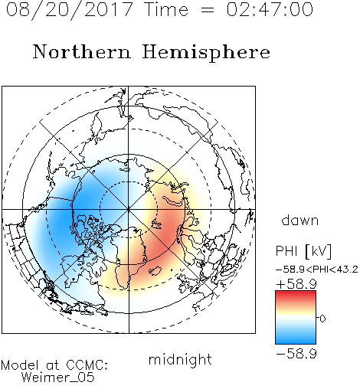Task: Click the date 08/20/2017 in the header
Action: click(69, 10)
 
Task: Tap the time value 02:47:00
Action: click(270, 9)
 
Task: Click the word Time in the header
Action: click(166, 9)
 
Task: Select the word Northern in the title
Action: click(82, 51)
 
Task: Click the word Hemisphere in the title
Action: click(206, 53)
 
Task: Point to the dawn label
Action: click(299, 220)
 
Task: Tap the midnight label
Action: click(180, 359)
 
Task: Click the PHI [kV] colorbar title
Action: click(303, 251)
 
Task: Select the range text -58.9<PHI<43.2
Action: click(317, 270)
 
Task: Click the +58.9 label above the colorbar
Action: click(296, 284)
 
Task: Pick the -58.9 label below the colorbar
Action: click(296, 354)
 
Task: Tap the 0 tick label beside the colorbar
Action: click(322, 319)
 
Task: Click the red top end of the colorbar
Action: click(296, 293)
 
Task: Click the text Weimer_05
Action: click(58, 378)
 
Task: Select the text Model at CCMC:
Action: click(54, 365)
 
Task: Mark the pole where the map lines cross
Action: click(129, 210)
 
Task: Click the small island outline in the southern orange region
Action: click(155, 270)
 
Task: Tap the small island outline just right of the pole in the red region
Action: click(156, 224)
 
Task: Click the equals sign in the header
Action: click(208, 11)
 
